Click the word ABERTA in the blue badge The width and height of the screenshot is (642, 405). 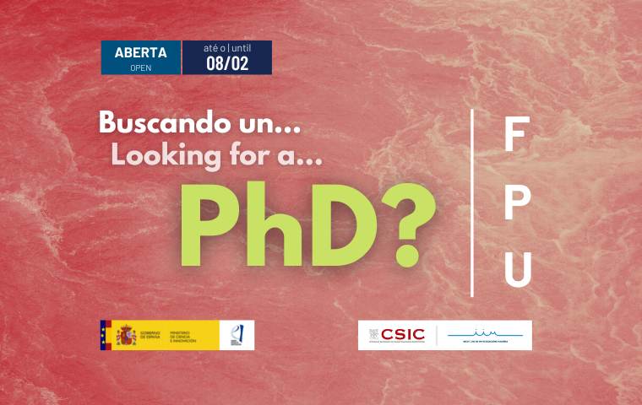140,52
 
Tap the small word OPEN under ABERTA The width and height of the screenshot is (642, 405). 140,67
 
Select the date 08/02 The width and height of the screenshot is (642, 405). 227,63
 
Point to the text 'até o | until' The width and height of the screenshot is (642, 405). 227,48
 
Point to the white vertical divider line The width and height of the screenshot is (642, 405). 471,202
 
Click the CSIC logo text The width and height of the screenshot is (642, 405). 402,335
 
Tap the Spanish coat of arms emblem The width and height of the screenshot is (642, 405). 126,335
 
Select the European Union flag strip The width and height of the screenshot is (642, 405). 105,335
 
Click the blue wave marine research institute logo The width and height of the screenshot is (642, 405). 486,335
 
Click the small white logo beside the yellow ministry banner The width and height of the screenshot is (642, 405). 236,335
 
